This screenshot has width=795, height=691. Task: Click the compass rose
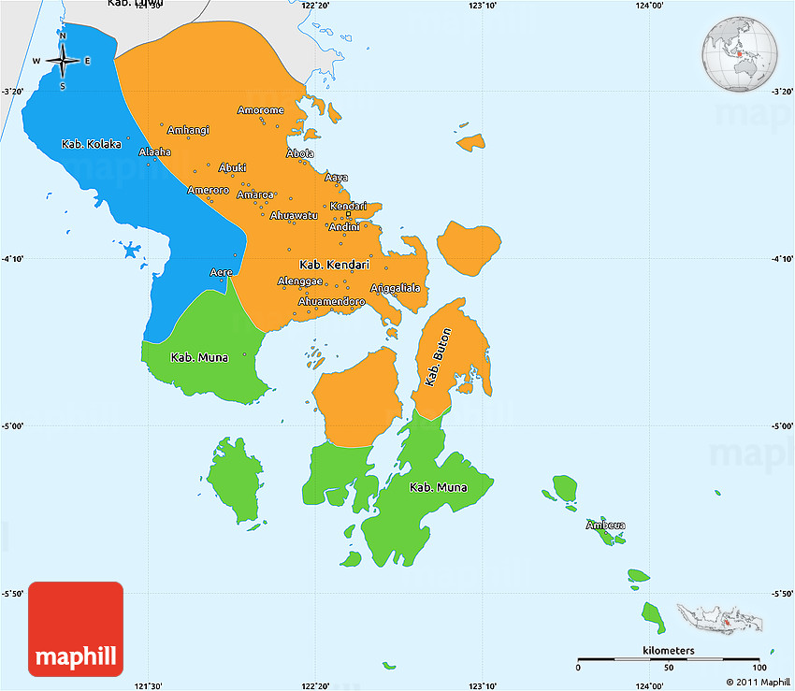[x=63, y=62]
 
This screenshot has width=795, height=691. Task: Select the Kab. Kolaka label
[x=92, y=144]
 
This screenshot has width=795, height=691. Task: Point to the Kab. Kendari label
[x=334, y=265]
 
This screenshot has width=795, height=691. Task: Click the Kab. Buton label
[x=438, y=356]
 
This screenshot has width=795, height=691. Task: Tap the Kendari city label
[x=348, y=206]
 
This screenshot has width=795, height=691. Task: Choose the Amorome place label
[x=260, y=110]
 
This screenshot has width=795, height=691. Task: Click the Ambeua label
[x=605, y=525]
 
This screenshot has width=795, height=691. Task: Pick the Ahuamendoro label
[x=331, y=301]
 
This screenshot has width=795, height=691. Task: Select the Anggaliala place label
[x=396, y=288]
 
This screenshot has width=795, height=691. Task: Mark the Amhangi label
[x=188, y=129]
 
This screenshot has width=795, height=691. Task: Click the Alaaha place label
[x=155, y=151]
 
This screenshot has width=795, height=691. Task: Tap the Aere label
[x=222, y=272]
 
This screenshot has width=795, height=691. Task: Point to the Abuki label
[x=232, y=167]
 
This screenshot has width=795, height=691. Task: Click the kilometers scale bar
[x=669, y=659]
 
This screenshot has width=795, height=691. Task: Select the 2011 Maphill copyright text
[x=753, y=682]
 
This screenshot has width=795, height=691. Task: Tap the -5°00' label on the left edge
[x=14, y=426]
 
